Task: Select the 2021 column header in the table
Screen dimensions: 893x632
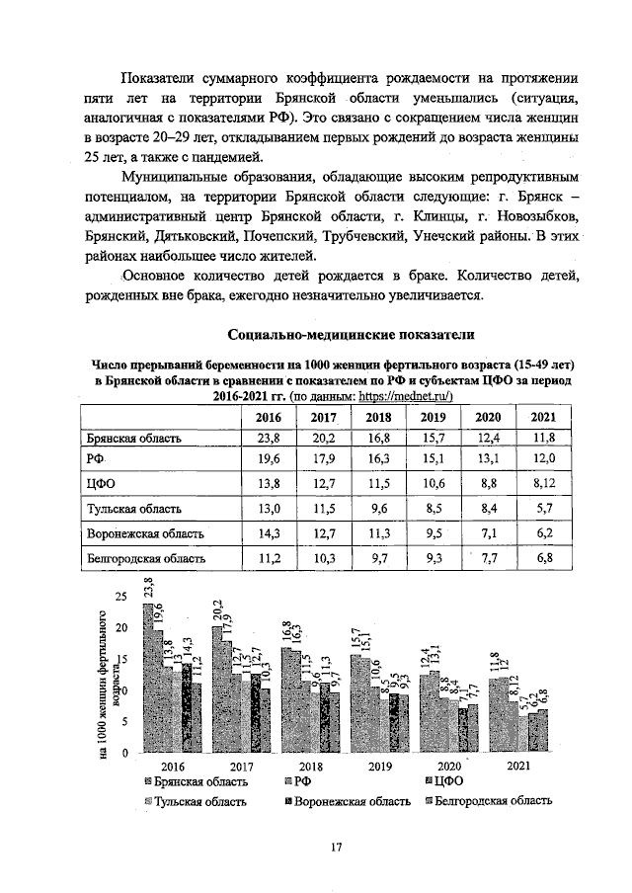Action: (543, 418)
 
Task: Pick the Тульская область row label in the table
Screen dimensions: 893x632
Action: (132, 509)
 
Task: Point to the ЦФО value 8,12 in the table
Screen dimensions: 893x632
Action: (543, 484)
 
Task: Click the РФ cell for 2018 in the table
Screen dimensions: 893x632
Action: (379, 459)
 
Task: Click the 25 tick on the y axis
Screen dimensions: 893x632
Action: (121, 597)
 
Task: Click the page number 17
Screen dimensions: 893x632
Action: (335, 847)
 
